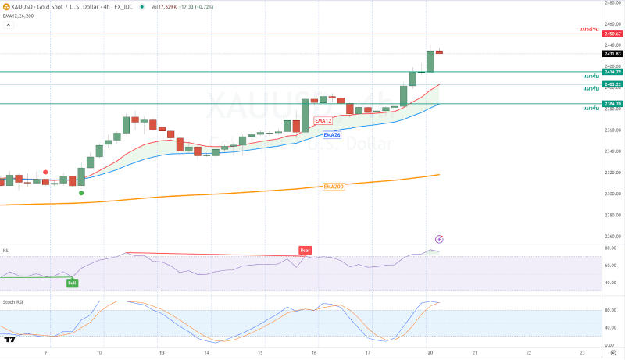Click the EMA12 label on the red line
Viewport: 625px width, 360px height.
(x=323, y=121)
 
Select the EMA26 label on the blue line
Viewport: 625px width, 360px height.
(x=332, y=134)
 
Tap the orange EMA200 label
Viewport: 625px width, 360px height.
(x=334, y=187)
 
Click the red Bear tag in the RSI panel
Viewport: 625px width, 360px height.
(x=305, y=251)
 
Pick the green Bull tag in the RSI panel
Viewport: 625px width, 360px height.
(x=72, y=283)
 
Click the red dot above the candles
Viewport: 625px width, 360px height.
(x=46, y=172)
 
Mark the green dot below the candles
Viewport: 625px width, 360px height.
(x=81, y=193)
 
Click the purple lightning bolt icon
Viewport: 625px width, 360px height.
(x=439, y=239)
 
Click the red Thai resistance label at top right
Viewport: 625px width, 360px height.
(x=588, y=28)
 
